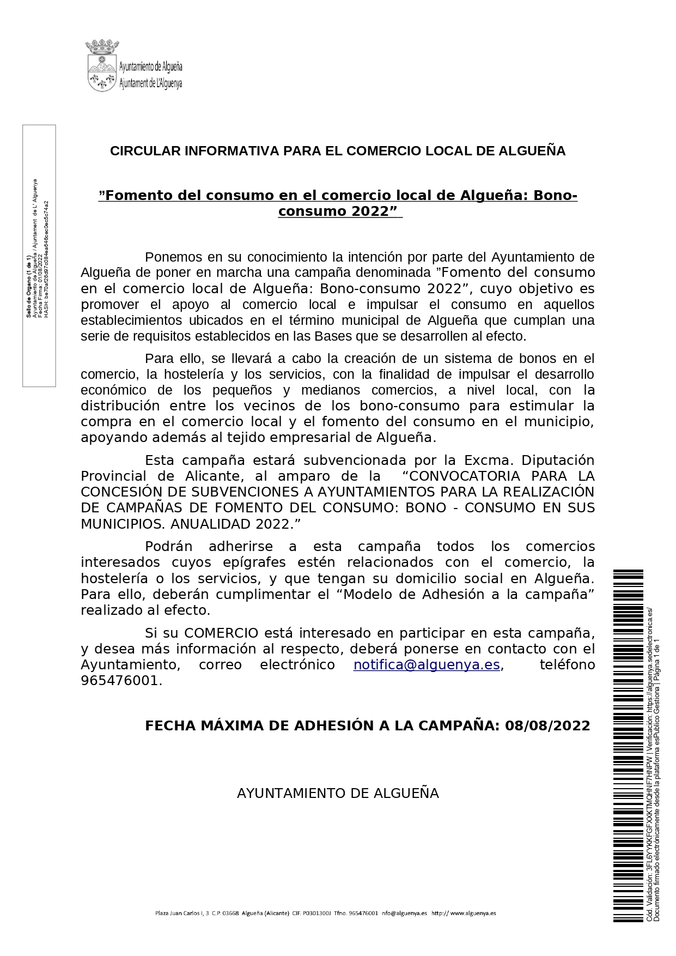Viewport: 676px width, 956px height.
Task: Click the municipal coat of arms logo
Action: tap(101, 65)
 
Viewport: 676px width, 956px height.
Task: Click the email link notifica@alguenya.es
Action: tap(427, 665)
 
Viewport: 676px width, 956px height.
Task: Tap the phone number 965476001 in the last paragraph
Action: tap(120, 681)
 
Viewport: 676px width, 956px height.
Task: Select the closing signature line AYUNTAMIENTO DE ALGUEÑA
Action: tap(338, 793)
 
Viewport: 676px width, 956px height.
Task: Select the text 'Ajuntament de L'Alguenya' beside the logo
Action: tap(150, 83)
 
